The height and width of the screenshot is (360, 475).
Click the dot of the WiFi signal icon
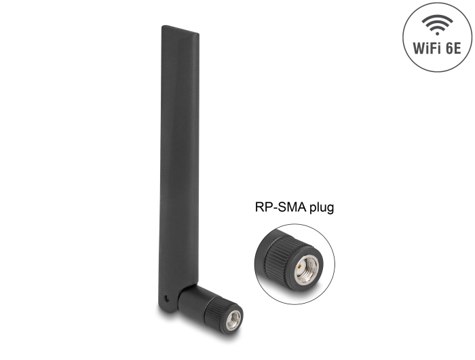437,33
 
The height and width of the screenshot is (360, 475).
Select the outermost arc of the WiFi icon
437,18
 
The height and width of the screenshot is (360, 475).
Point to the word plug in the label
322,208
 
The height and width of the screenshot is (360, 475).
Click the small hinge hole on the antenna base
167,298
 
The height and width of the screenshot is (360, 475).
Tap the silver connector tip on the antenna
234,321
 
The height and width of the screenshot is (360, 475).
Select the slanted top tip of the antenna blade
180,29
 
